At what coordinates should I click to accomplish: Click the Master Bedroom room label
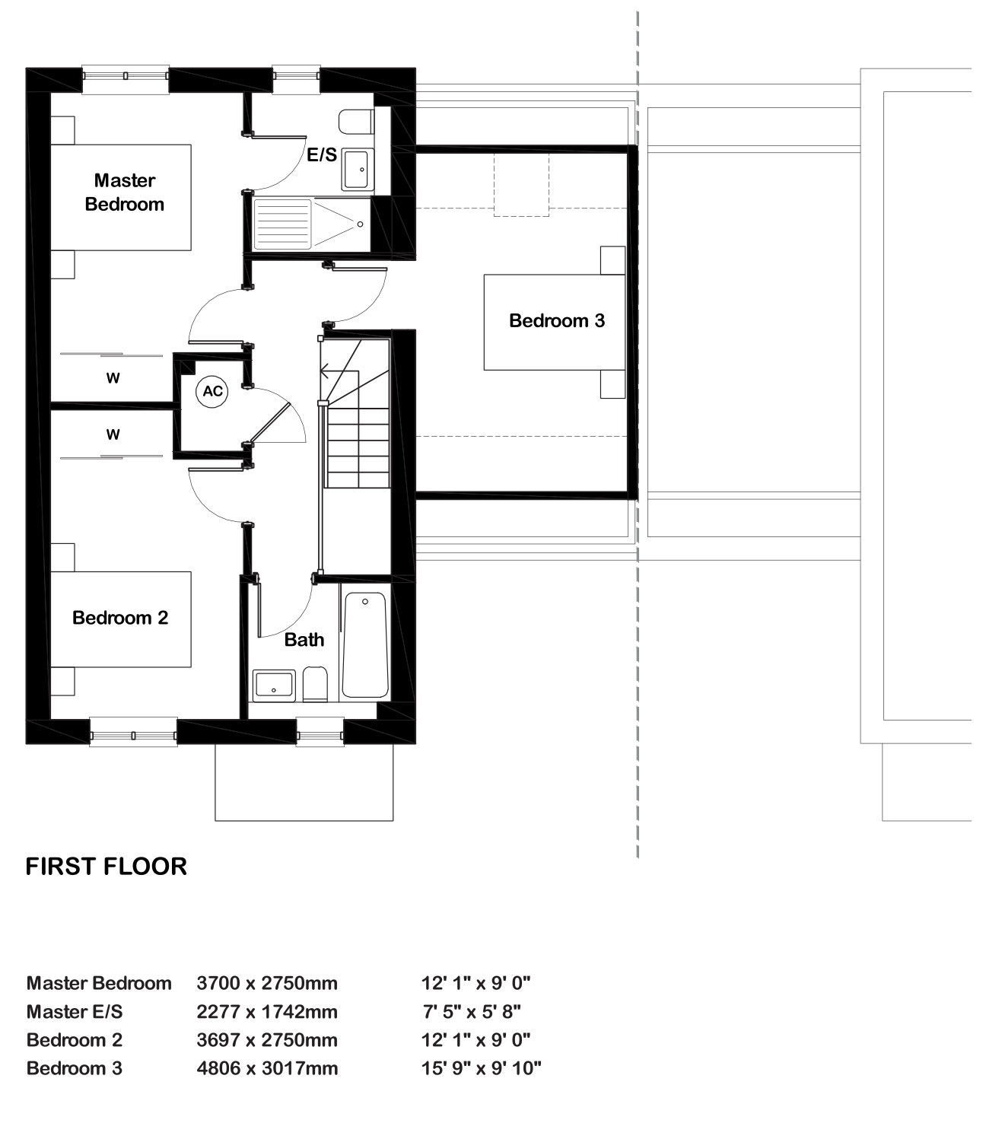[x=125, y=192]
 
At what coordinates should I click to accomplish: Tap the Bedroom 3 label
[x=557, y=321]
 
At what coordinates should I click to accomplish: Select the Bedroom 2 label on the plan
[x=120, y=618]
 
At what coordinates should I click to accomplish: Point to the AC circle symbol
[x=213, y=391]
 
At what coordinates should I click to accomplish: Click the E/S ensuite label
[x=322, y=154]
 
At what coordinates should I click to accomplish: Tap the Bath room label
[x=304, y=640]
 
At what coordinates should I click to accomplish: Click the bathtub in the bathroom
[x=364, y=644]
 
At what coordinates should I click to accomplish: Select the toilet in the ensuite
[x=355, y=122]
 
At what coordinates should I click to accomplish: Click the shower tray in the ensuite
[x=311, y=224]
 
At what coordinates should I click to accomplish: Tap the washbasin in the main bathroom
[x=274, y=686]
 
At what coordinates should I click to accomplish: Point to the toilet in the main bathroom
[x=315, y=685]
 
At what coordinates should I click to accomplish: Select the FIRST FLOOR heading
[x=107, y=867]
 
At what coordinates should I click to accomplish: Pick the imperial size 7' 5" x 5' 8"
[x=472, y=1012]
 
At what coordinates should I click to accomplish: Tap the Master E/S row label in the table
[x=75, y=1012]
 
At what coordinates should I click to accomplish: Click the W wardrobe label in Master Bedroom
[x=113, y=378]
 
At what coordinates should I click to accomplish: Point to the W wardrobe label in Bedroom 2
[x=113, y=434]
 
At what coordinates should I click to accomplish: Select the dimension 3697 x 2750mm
[x=267, y=1040]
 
